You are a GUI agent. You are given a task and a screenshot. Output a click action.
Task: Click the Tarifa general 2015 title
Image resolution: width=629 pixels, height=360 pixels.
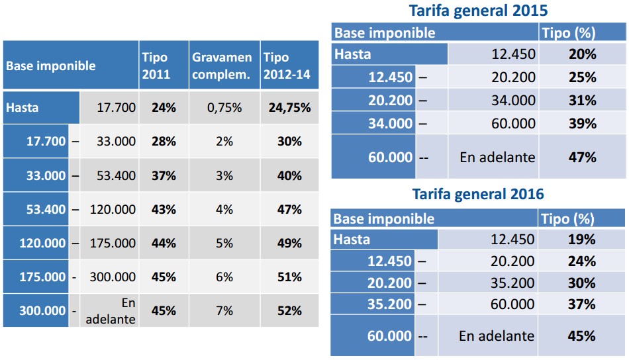(478, 11)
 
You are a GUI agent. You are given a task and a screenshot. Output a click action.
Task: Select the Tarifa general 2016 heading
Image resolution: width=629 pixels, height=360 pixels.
(478, 194)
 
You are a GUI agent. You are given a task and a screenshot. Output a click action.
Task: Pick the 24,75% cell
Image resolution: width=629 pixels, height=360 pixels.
(289, 107)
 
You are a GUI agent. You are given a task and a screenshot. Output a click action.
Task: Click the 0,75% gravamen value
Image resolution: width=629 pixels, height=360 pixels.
(224, 107)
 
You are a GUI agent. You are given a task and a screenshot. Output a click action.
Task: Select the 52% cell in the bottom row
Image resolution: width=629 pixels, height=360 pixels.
(289, 310)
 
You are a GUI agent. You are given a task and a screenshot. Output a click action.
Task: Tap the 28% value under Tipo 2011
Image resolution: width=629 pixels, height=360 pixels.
(163, 142)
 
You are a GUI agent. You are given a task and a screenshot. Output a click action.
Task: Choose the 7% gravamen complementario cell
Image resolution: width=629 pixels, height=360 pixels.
(224, 310)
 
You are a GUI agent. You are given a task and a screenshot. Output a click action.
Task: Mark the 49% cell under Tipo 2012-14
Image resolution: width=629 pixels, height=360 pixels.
(289, 243)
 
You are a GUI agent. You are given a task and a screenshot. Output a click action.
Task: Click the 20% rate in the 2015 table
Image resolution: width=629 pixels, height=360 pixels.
(582, 54)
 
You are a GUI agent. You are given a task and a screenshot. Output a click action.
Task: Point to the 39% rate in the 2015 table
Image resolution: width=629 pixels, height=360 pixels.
(582, 124)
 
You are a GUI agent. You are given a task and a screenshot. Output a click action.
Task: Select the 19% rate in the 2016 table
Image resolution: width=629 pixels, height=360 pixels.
(582, 240)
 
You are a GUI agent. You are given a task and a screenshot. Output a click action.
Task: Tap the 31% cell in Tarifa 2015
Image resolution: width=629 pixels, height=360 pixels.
(582, 101)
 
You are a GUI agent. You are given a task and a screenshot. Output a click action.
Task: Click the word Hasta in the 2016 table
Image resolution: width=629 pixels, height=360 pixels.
(352, 240)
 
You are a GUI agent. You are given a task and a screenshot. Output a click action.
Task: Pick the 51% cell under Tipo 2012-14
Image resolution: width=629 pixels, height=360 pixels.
(289, 277)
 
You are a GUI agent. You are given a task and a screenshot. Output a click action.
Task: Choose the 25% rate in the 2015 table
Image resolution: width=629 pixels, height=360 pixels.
(582, 77)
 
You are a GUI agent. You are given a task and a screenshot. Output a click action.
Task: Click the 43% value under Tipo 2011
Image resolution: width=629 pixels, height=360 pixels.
(163, 209)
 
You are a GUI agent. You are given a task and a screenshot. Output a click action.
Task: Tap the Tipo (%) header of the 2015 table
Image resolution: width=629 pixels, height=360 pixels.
(567, 32)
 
